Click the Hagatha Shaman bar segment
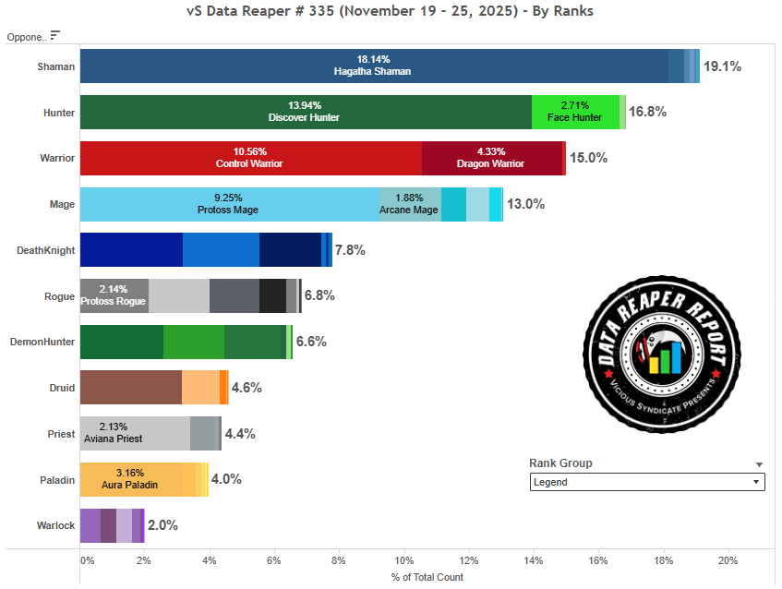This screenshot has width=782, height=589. pyautogui.click(x=374, y=66)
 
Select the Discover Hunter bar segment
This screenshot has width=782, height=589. pyautogui.click(x=305, y=112)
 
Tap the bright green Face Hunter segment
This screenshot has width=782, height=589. pyautogui.click(x=575, y=112)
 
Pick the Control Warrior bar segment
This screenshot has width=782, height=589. pyautogui.click(x=250, y=158)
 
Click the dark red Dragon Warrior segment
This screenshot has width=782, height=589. pyautogui.click(x=491, y=158)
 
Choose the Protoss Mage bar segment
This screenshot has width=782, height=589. pyautogui.click(x=230, y=204)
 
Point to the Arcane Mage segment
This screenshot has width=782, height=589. pyautogui.click(x=409, y=204)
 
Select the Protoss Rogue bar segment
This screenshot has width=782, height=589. pyautogui.click(x=114, y=295)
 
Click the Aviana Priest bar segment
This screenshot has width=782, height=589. pyautogui.click(x=135, y=433)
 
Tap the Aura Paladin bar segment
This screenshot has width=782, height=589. pyautogui.click(x=130, y=479)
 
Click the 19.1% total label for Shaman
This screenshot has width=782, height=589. pyautogui.click(x=722, y=66)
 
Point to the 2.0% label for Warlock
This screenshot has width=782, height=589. pyautogui.click(x=162, y=525)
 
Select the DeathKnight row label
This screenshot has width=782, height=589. pyautogui.click(x=46, y=250)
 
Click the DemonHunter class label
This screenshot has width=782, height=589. pyautogui.click(x=42, y=342)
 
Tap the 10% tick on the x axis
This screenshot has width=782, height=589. pyautogui.click(x=403, y=560)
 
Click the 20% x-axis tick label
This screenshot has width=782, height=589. pyautogui.click(x=728, y=560)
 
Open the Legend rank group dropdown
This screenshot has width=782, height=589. pyautogui.click(x=647, y=482)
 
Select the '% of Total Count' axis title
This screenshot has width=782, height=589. pyautogui.click(x=427, y=577)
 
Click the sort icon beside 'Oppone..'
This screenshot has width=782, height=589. pyautogui.click(x=55, y=35)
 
